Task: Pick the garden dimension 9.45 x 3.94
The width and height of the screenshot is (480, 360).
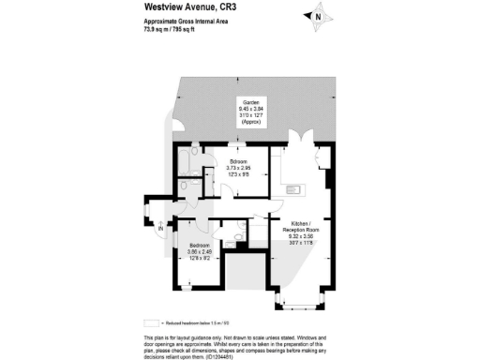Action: pos(251,108)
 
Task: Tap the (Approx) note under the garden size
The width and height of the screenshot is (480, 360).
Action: pos(251,123)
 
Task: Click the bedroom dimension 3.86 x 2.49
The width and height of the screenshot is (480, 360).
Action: pos(203,251)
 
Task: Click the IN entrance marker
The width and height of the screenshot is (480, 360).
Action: pos(161,228)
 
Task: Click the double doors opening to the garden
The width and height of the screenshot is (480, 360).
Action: pos(303,142)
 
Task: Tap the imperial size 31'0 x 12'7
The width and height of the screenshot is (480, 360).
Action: pos(251,115)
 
